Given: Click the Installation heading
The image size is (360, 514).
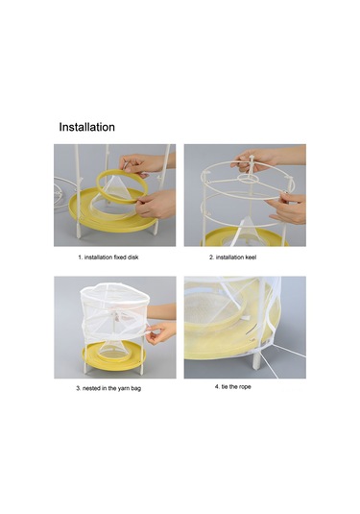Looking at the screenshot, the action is tap(86, 127).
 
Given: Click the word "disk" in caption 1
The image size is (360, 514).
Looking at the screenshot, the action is tap(132, 257).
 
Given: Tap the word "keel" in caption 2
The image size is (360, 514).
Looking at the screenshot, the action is tap(250, 257).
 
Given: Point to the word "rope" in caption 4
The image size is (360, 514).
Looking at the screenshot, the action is tap(245, 387).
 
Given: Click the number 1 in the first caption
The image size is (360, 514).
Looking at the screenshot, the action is tap(80, 257).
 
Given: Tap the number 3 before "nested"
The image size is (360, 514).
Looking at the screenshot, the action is tap(78, 388).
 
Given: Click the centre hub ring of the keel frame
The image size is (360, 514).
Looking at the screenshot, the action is tap(248, 179).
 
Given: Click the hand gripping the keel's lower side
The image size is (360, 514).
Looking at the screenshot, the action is tap(288, 208).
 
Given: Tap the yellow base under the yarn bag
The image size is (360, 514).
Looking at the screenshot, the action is tap(113, 356).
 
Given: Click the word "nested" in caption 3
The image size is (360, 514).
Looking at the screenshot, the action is tap(91, 388).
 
